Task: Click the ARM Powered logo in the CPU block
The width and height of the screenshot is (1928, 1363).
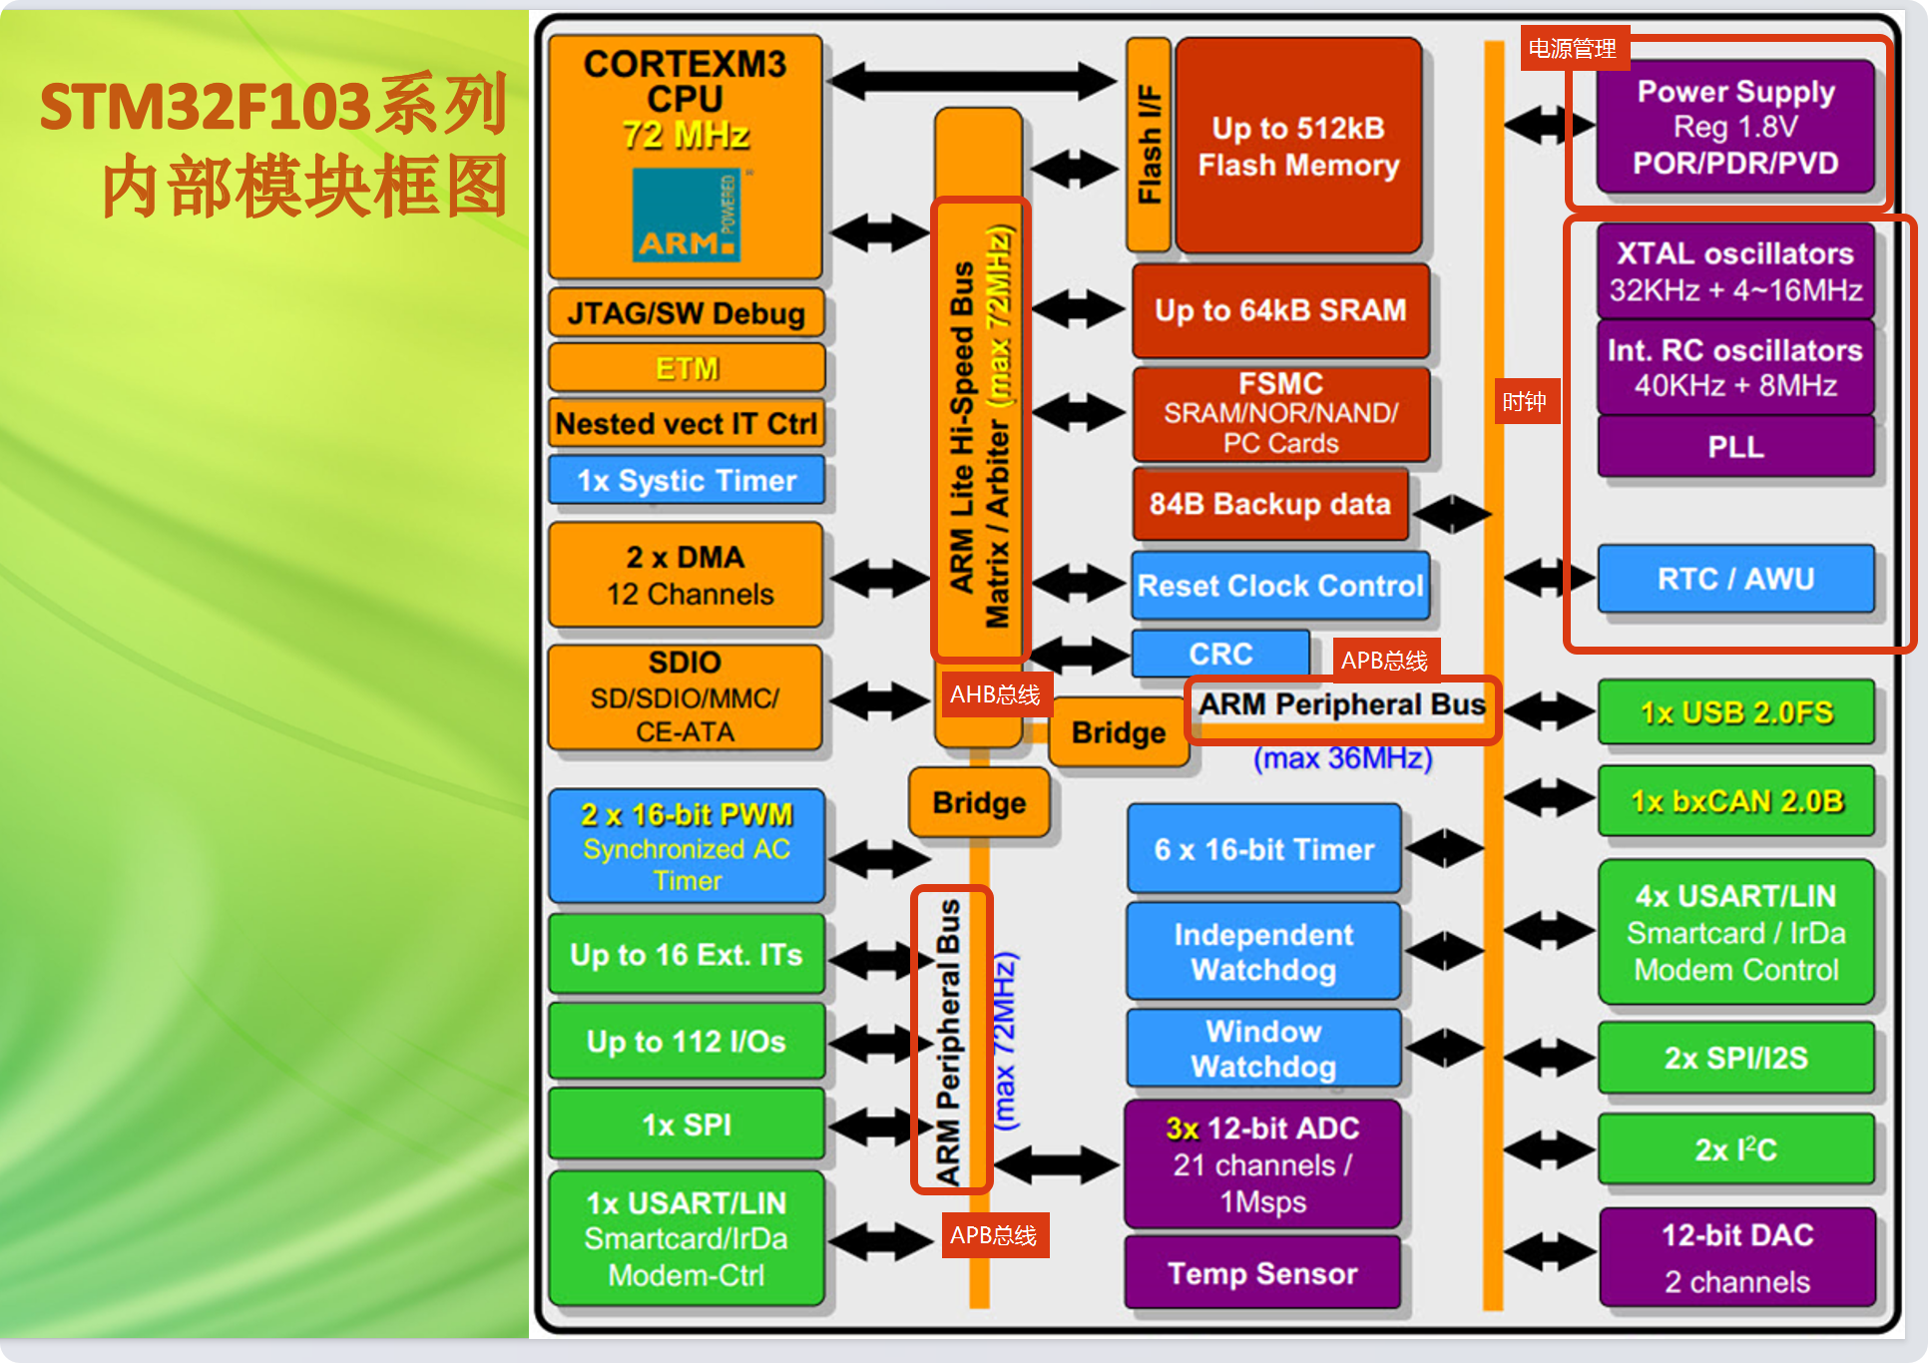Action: pyautogui.click(x=687, y=215)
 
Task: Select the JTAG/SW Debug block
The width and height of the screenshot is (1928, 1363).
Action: pyautogui.click(x=686, y=313)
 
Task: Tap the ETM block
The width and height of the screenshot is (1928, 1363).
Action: pyautogui.click(x=687, y=368)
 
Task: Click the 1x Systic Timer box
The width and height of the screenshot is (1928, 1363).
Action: pyautogui.click(x=687, y=481)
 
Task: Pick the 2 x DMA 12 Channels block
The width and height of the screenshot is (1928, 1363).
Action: pyautogui.click(x=686, y=576)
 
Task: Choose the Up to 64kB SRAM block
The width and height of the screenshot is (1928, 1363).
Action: pyautogui.click(x=1280, y=310)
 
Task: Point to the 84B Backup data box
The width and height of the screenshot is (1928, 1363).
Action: pyautogui.click(x=1269, y=504)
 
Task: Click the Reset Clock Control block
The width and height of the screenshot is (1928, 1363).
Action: pyautogui.click(x=1280, y=586)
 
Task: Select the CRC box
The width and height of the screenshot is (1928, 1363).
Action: pyautogui.click(x=1220, y=654)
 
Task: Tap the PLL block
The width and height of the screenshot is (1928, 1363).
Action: pyautogui.click(x=1735, y=447)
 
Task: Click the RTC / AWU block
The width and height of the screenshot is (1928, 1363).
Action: pyautogui.click(x=1735, y=579)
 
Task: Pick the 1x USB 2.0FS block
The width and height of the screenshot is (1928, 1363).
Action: pyautogui.click(x=1736, y=712)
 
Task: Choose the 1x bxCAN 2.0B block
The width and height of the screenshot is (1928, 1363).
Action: pyautogui.click(x=1736, y=801)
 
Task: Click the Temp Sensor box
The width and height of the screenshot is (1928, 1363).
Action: pyautogui.click(x=1262, y=1273)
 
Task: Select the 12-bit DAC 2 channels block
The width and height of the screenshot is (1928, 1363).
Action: pyautogui.click(x=1736, y=1257)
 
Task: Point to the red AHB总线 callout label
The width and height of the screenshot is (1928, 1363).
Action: pyautogui.click(x=994, y=694)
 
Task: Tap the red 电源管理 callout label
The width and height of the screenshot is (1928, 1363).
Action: pyautogui.click(x=1573, y=48)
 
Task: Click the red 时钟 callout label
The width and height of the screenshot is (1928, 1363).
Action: pyautogui.click(x=1525, y=402)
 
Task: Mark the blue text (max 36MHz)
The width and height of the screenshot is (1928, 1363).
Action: pyautogui.click(x=1342, y=758)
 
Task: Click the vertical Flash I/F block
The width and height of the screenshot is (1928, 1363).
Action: pyautogui.click(x=1149, y=145)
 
